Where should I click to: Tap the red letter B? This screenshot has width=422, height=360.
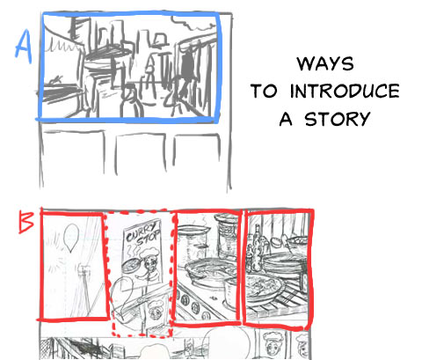pyautogui.click(x=25, y=222)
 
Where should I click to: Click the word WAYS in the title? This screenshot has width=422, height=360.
pyautogui.click(x=325, y=63)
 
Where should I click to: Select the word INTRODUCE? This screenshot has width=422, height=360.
pyautogui.click(x=345, y=91)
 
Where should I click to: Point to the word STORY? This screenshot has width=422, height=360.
pyautogui.click(x=338, y=119)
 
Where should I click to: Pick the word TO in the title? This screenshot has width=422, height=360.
pyautogui.click(x=264, y=91)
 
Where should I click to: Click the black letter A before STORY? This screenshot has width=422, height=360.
pyautogui.click(x=286, y=119)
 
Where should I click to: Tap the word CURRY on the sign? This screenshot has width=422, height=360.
pyautogui.click(x=141, y=232)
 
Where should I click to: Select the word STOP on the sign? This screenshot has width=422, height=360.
pyautogui.click(x=149, y=241)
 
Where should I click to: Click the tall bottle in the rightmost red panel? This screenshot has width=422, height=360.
pyautogui.click(x=258, y=248)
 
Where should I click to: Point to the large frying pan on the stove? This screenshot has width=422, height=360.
pyautogui.click(x=209, y=271)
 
